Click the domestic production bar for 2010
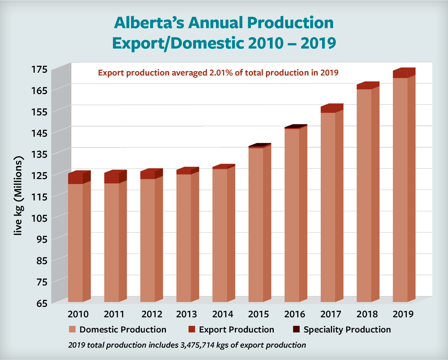75,243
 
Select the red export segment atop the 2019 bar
400,74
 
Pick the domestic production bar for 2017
328,207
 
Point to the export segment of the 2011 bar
112,178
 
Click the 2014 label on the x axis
222,314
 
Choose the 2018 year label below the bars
367,314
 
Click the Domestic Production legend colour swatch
72,329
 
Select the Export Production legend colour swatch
192,329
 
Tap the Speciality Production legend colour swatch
296,329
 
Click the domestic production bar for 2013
184,238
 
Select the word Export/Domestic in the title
178,43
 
